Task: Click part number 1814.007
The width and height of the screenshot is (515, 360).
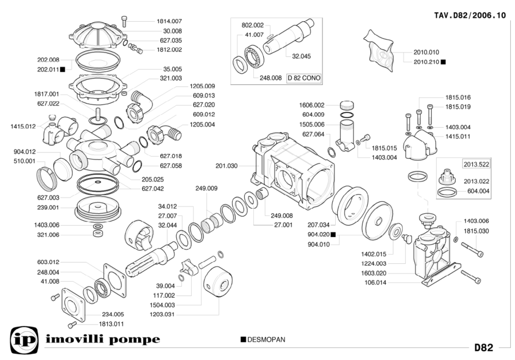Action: point(169,21)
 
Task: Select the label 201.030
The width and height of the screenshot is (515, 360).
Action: point(227,165)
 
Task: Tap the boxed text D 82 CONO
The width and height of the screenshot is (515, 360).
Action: point(304,78)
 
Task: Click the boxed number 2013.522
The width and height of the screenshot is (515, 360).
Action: point(476,164)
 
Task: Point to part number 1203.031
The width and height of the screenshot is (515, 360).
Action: point(163,314)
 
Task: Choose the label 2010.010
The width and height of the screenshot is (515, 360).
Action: point(426,52)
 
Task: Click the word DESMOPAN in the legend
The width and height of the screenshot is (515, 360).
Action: point(266,340)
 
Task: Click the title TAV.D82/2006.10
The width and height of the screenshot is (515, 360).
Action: point(470,15)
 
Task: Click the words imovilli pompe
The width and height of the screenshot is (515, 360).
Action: point(103,340)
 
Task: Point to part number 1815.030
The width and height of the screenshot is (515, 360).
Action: point(476,231)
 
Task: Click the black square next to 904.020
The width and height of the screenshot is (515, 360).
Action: point(333,235)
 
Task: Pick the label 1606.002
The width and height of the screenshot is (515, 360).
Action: point(312,105)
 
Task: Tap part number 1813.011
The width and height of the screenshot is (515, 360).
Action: point(112,324)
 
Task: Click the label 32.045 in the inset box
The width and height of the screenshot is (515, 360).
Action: point(301,56)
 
